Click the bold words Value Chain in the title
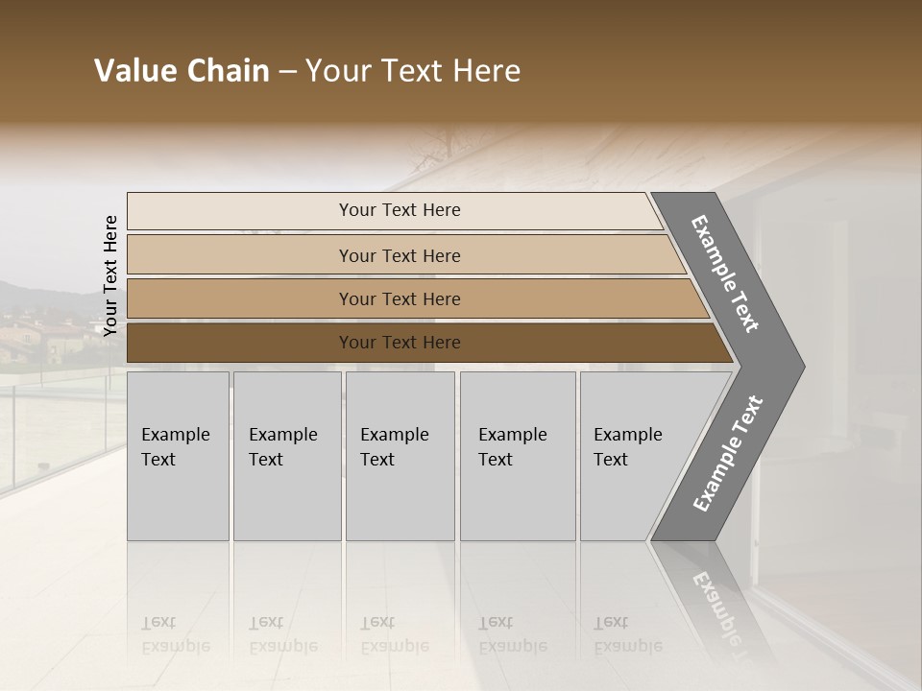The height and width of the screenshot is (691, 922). (182, 71)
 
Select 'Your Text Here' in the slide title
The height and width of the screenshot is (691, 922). (413, 71)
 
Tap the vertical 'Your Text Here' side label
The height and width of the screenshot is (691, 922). (110, 275)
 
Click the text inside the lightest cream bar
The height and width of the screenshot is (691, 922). (400, 210)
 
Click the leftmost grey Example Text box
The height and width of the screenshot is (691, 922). (178, 456)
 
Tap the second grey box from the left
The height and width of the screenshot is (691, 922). (287, 456)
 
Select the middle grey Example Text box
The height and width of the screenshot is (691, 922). (400, 456)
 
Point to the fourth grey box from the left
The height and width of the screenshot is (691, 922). (518, 456)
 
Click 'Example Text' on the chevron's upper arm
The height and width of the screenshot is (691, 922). (725, 274)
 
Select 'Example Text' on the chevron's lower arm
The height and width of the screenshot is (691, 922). (728, 453)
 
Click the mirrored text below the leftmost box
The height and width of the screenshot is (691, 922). (175, 634)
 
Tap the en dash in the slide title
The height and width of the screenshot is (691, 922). (287, 72)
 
